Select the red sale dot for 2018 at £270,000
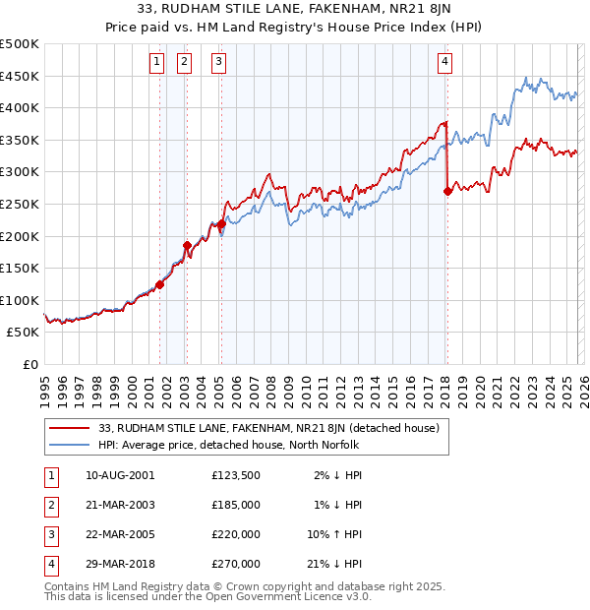pyautogui.click(x=448, y=192)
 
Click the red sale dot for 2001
pyautogui.click(x=159, y=284)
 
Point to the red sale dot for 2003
pyautogui.click(x=187, y=245)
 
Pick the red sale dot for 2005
pyautogui.click(x=221, y=223)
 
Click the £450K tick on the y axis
pyautogui.click(x=20, y=76)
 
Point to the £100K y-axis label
pyautogui.click(x=20, y=300)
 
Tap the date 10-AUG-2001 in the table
pyautogui.click(x=120, y=474)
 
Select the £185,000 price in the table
pyautogui.click(x=236, y=505)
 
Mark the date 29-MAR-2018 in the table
pyautogui.click(x=120, y=564)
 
